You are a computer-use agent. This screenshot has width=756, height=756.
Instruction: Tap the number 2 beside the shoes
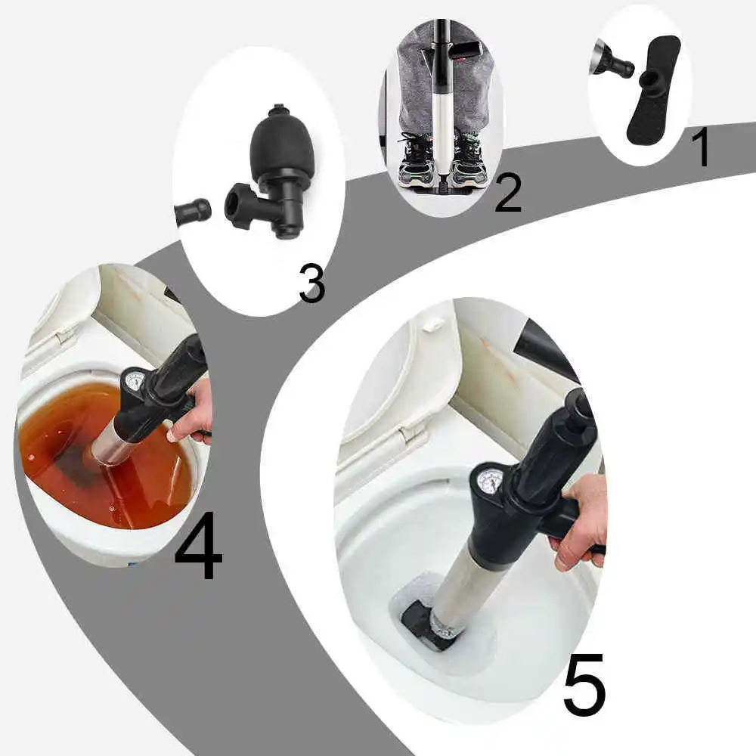[507, 193]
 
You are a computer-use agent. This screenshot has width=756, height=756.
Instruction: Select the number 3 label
[311, 284]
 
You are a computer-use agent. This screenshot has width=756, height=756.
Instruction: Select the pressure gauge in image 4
[135, 380]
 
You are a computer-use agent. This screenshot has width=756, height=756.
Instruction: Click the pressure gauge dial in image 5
[490, 482]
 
